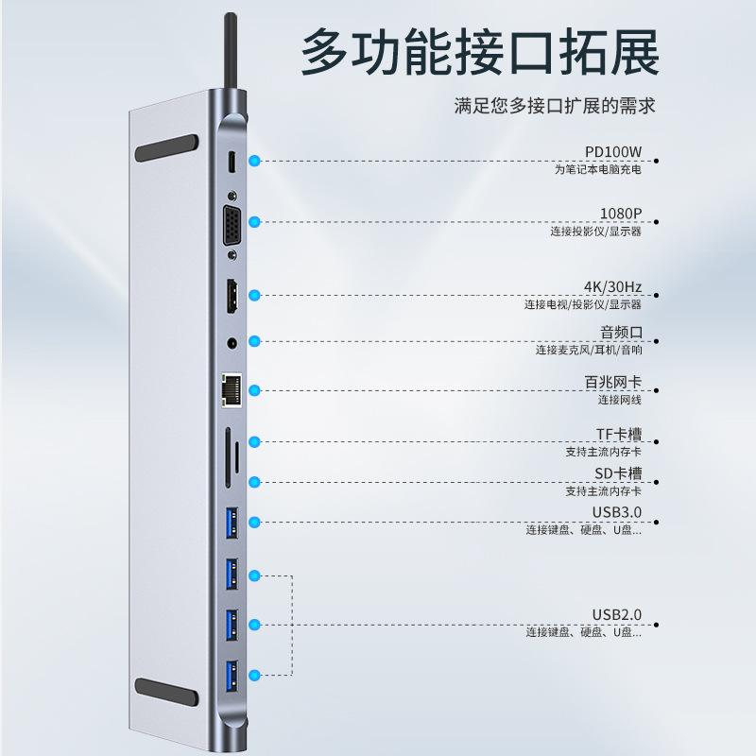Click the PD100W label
coord(613,152)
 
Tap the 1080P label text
coord(621,214)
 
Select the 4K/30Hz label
coord(612,287)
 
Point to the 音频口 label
coord(621,333)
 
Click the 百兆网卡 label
coord(613,383)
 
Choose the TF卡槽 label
coord(619,435)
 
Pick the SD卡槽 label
coord(619,473)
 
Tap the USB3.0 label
coord(617,512)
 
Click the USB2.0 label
coord(617,615)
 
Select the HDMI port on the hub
coord(232,296)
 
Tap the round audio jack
coord(232,343)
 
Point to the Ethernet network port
coord(232,390)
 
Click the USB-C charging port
coord(232,163)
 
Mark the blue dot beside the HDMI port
coord(254,295)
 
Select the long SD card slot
coord(227,457)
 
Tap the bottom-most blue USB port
coord(232,676)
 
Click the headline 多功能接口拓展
coord(481,52)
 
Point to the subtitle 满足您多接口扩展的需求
coord(555,106)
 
